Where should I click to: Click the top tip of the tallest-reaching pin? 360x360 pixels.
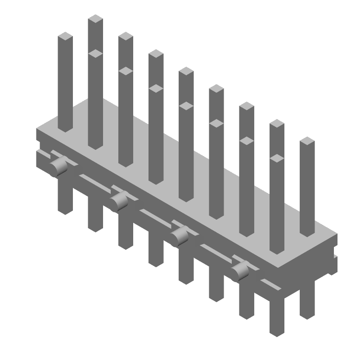(95, 19)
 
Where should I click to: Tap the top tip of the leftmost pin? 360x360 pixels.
(65, 36)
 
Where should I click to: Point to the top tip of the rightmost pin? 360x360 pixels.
(307, 141)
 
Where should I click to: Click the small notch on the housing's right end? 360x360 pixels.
(335, 257)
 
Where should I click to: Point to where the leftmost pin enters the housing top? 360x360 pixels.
(65, 129)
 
